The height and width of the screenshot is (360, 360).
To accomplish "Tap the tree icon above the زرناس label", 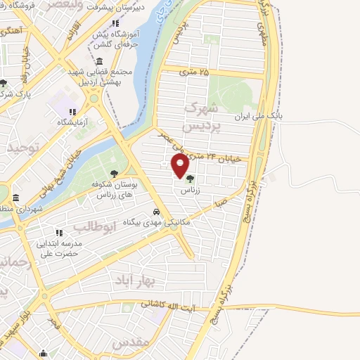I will (x=190, y=178).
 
